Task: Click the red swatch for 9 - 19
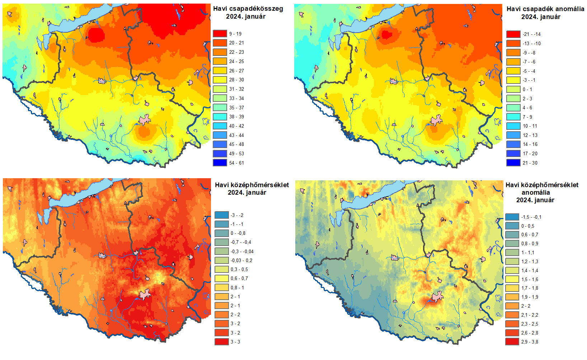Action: pos(220,33)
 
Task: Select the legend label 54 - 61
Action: pos(236,163)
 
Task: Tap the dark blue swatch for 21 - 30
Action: pos(513,162)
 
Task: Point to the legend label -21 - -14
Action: pos(531,34)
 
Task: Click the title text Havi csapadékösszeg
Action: pos(248,9)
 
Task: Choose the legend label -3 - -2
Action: pos(237,215)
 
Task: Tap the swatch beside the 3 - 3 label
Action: pos(222,342)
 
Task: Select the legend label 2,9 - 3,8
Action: pos(530,342)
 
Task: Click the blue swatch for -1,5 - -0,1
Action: pos(512,217)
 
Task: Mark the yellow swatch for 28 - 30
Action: pos(220,80)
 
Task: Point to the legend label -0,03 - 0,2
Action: pos(241,261)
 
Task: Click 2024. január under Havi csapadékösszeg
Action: pos(245,16)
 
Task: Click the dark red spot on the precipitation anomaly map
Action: pos(385,34)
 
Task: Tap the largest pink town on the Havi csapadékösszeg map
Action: pos(144,120)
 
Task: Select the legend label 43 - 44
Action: pos(236,135)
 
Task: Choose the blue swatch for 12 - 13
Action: pos(513,135)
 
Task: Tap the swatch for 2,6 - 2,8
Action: pos(512,333)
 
